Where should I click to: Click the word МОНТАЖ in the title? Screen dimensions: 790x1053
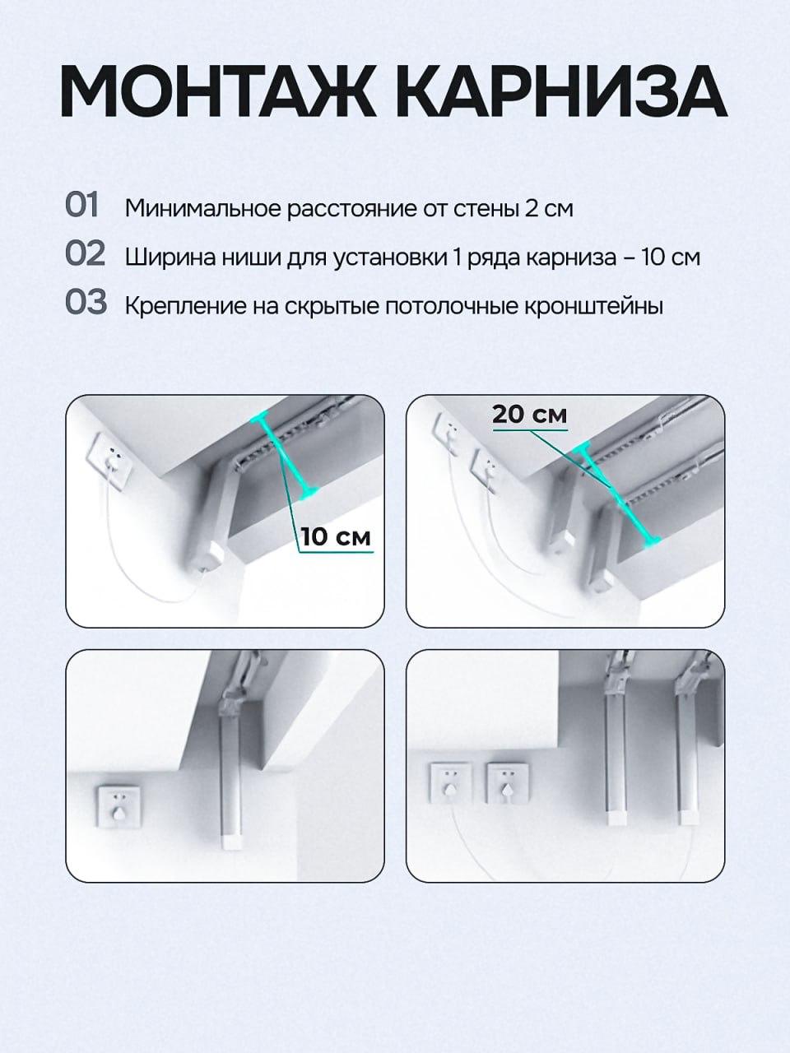(218, 91)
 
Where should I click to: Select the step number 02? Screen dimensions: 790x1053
(86, 253)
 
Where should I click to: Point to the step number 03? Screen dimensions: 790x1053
(86, 302)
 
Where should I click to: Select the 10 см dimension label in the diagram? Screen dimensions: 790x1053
(336, 536)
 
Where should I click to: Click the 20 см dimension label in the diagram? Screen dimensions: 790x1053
(529, 415)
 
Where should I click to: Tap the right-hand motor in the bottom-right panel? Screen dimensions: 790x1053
(687, 751)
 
